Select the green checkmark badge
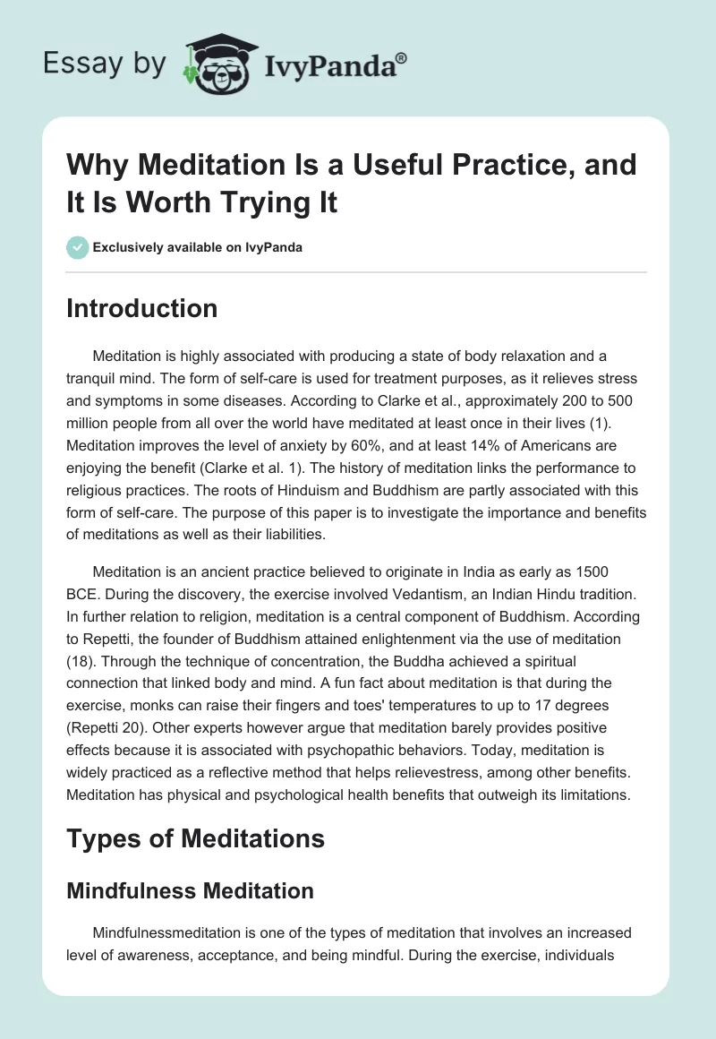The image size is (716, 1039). click(78, 247)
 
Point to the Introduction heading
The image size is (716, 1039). click(141, 308)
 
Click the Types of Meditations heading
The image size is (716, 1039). click(195, 838)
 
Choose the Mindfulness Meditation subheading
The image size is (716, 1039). click(190, 890)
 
